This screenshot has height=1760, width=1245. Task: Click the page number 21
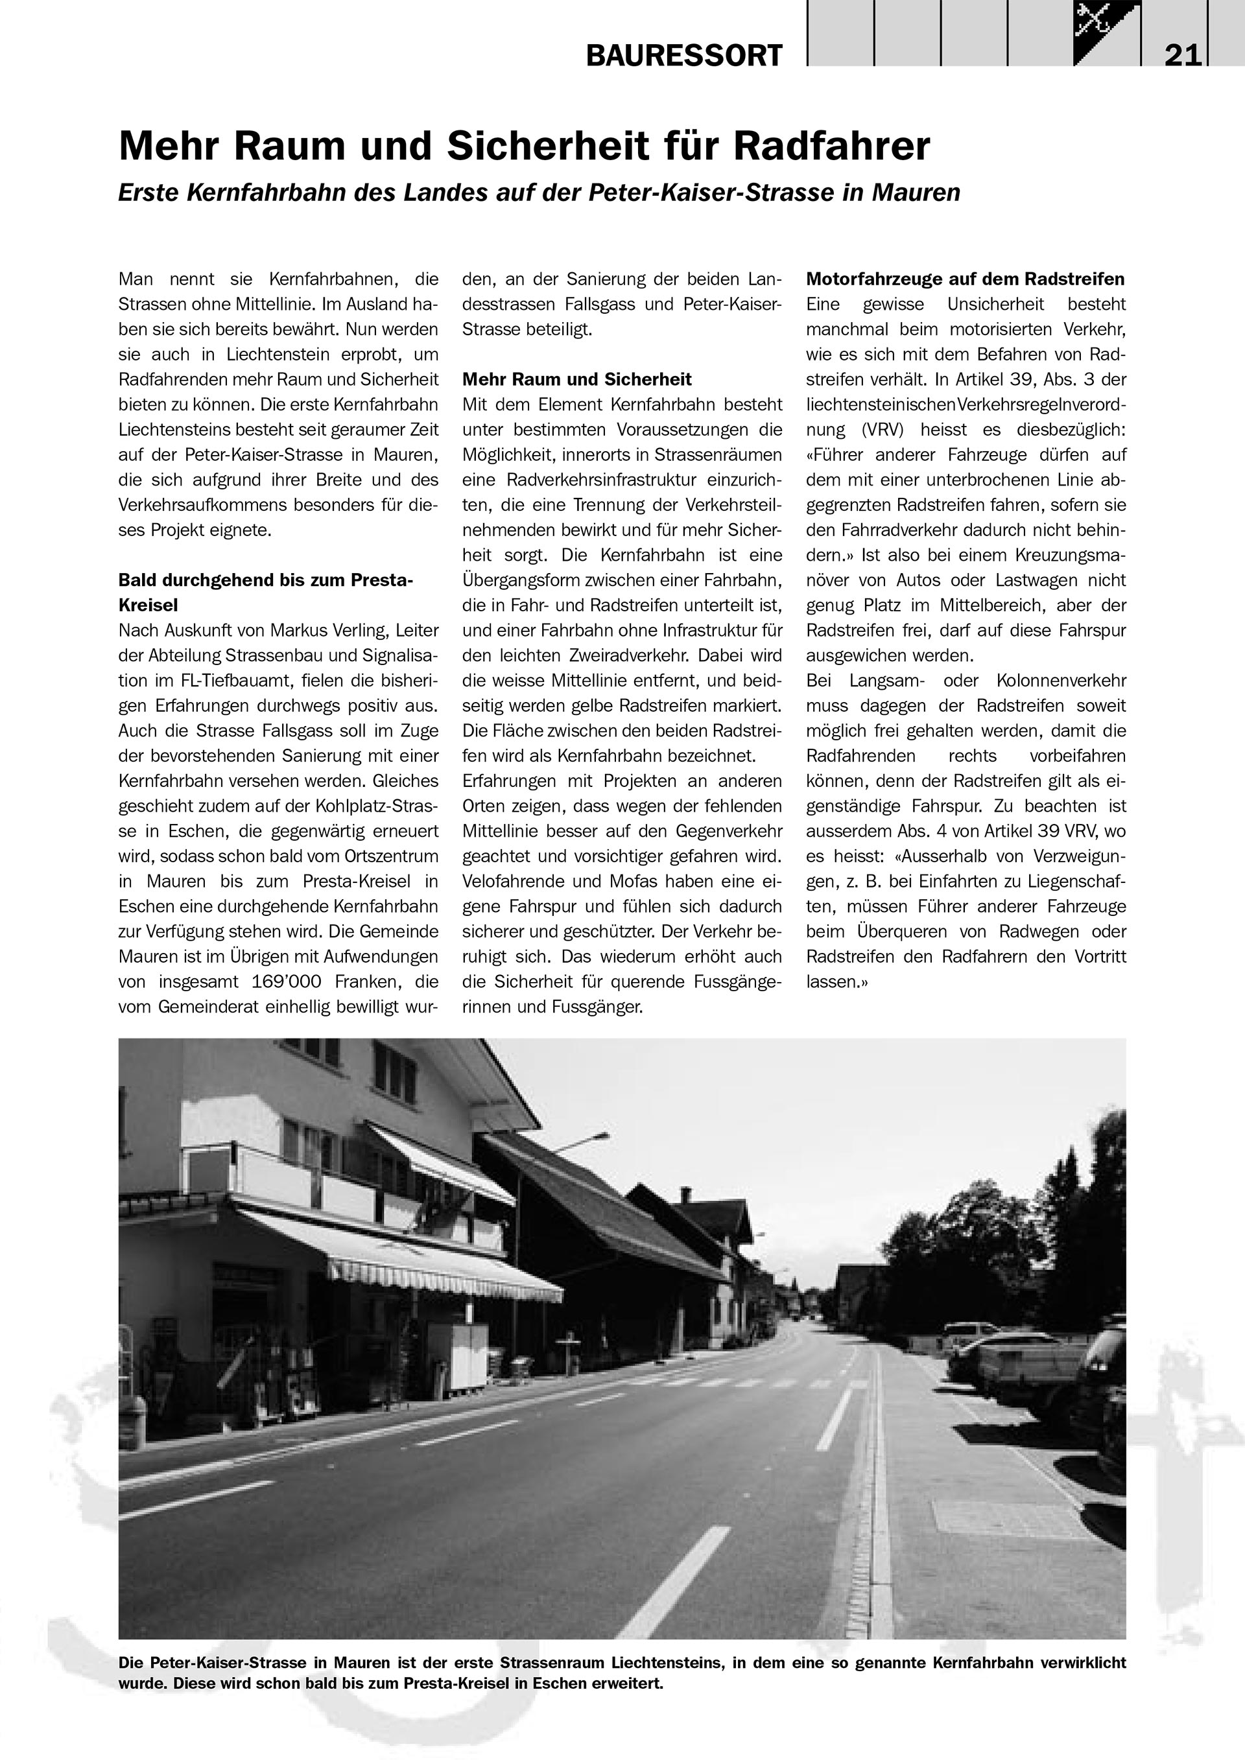coord(1182,55)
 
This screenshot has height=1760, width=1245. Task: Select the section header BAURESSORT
coord(684,56)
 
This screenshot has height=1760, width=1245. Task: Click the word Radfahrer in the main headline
coord(832,146)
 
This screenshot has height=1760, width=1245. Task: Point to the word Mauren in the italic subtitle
coord(916,193)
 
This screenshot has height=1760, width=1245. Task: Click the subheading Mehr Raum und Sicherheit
coord(576,379)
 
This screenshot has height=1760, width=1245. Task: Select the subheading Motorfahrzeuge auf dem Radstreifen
coord(965,279)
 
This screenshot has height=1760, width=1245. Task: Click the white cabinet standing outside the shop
coord(458,1357)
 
